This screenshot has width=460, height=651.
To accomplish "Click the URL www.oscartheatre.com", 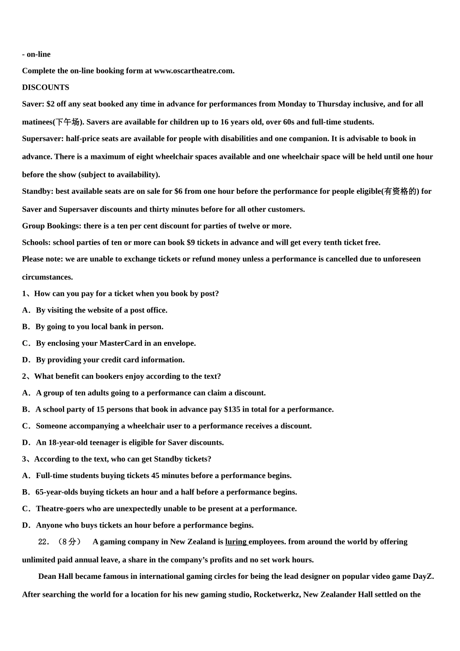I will tap(194, 71).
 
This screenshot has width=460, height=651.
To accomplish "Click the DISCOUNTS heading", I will tap(46, 87).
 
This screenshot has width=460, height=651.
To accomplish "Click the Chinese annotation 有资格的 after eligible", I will tap(400, 191).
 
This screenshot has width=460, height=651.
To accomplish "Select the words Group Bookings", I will tap(51, 226).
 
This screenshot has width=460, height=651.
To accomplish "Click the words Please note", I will tap(42, 259).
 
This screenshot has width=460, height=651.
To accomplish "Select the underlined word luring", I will tap(236, 542).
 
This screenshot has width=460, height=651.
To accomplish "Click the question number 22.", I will tap(44, 542).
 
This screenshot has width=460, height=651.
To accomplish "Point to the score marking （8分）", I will tap(69, 542).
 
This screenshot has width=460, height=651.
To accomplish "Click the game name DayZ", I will tap(423, 576).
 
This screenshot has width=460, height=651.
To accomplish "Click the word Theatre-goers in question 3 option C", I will tap(61, 509).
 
